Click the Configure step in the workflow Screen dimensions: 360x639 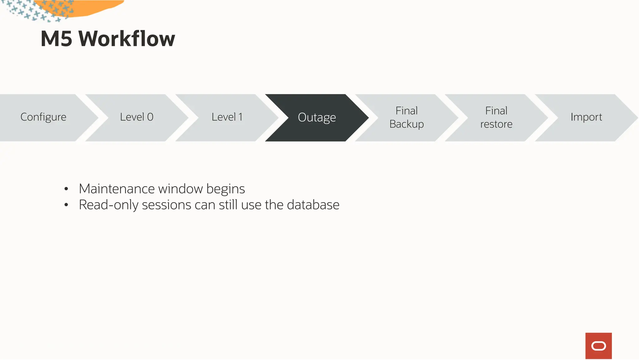coord(43,117)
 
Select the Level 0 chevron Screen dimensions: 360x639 coord(137,117)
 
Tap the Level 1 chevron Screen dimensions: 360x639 coord(227,117)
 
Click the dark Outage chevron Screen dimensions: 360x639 coord(317,118)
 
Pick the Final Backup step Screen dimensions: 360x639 coord(407,117)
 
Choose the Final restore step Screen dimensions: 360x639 coord(496,117)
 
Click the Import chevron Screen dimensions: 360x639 coord(586,117)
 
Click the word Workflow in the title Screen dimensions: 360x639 coord(127,39)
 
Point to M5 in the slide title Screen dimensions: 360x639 coord(56,39)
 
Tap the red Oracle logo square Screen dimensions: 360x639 coord(598,346)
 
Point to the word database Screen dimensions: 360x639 coord(313,205)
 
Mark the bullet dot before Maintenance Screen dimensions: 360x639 coord(66,189)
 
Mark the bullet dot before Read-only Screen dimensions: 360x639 coord(66,205)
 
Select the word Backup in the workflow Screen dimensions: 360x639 coord(407,124)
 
